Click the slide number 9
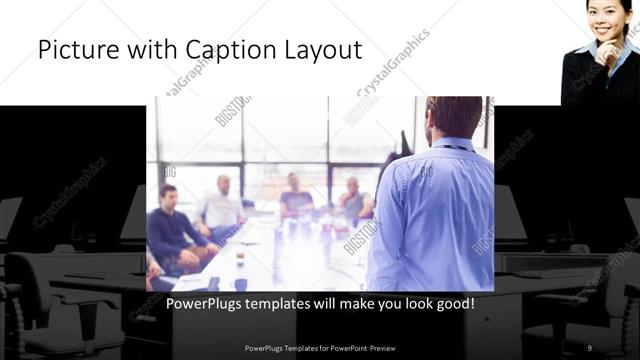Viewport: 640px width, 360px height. click(590, 347)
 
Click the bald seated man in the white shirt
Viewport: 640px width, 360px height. click(223, 204)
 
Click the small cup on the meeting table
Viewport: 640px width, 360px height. click(240, 258)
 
